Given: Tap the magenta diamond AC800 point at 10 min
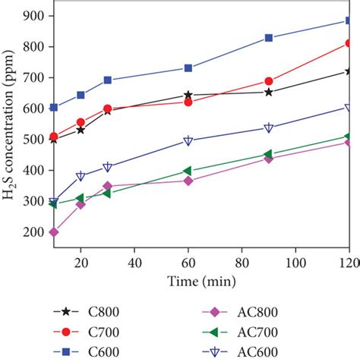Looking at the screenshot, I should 54,232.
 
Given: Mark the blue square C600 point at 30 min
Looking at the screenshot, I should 108,80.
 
